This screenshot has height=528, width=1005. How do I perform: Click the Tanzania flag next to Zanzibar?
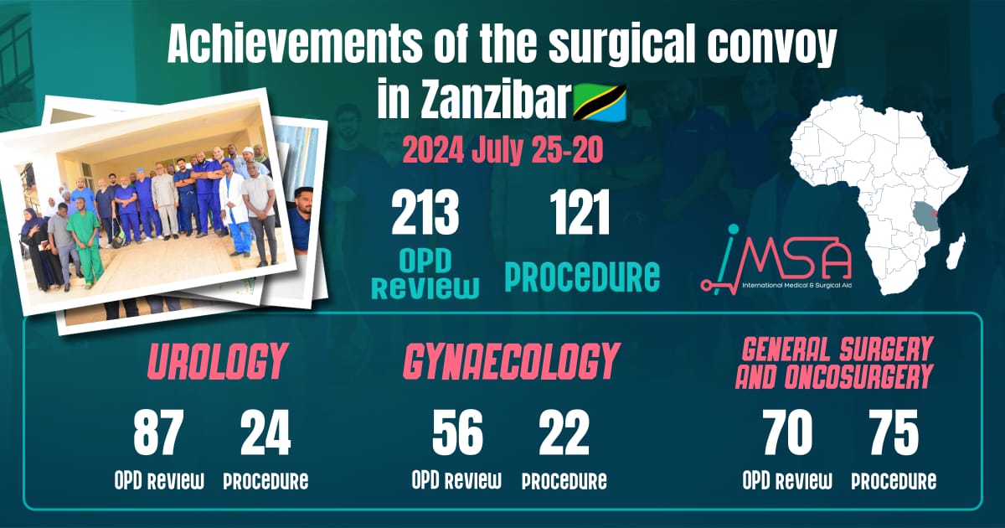coord(600,102)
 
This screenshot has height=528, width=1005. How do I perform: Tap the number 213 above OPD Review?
coord(425,213)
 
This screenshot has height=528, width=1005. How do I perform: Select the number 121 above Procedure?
coord(580,213)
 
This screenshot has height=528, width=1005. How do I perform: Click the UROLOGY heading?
coord(217,362)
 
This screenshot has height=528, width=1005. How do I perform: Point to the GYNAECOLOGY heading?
coord(512,362)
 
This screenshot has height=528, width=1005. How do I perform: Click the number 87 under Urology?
coord(158,433)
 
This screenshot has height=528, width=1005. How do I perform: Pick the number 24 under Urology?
coord(265,433)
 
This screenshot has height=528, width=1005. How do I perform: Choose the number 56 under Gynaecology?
coord(457,433)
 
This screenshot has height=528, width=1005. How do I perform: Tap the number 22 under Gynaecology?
coord(564,433)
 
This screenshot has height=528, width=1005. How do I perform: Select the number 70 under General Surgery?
coord(787,433)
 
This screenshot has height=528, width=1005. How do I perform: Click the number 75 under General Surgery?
coord(894,433)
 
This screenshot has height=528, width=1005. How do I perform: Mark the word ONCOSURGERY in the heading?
coord(858,376)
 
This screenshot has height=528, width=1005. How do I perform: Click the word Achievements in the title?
coord(295,46)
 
